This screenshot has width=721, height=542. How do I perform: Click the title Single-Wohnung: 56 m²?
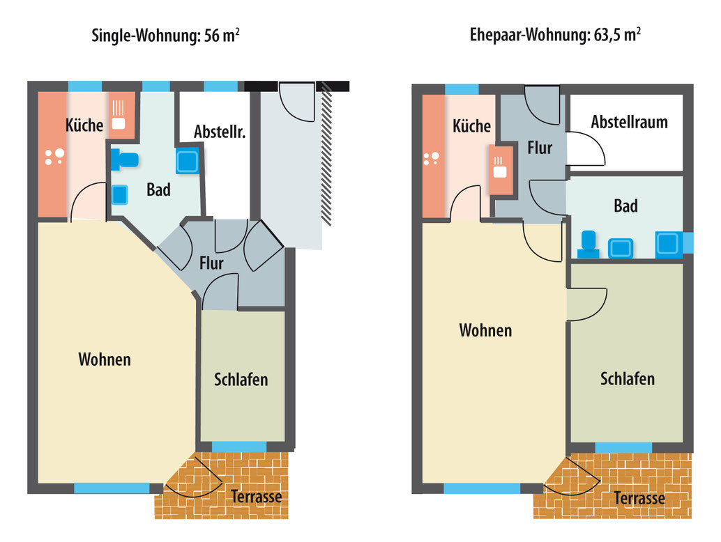point(165,36)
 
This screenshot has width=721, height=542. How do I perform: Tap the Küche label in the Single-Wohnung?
point(84,125)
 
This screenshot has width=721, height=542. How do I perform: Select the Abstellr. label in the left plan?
point(220,132)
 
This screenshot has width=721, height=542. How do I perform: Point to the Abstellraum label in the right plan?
point(629,122)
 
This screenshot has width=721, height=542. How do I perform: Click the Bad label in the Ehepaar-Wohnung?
point(625,206)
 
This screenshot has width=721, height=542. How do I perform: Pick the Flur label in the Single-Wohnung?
point(211,263)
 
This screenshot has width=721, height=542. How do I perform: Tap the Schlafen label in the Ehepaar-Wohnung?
point(628,378)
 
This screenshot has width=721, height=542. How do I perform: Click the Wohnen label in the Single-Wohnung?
point(105,359)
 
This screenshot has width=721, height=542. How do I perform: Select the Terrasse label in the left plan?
point(257,497)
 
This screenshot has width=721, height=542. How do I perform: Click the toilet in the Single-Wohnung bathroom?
point(124,160)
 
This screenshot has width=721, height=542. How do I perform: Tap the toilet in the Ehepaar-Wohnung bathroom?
point(589,245)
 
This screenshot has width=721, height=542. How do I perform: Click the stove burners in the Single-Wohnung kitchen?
point(54,156)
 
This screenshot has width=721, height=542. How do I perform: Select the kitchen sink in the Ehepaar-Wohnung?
point(500,168)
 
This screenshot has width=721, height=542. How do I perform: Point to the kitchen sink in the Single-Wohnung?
point(119,115)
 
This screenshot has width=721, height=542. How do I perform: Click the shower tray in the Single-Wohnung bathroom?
point(187,161)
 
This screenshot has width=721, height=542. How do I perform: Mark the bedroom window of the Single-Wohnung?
point(239,447)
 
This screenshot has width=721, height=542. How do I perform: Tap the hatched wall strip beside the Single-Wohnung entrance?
point(326,154)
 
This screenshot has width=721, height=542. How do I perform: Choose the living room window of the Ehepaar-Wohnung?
point(482,488)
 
